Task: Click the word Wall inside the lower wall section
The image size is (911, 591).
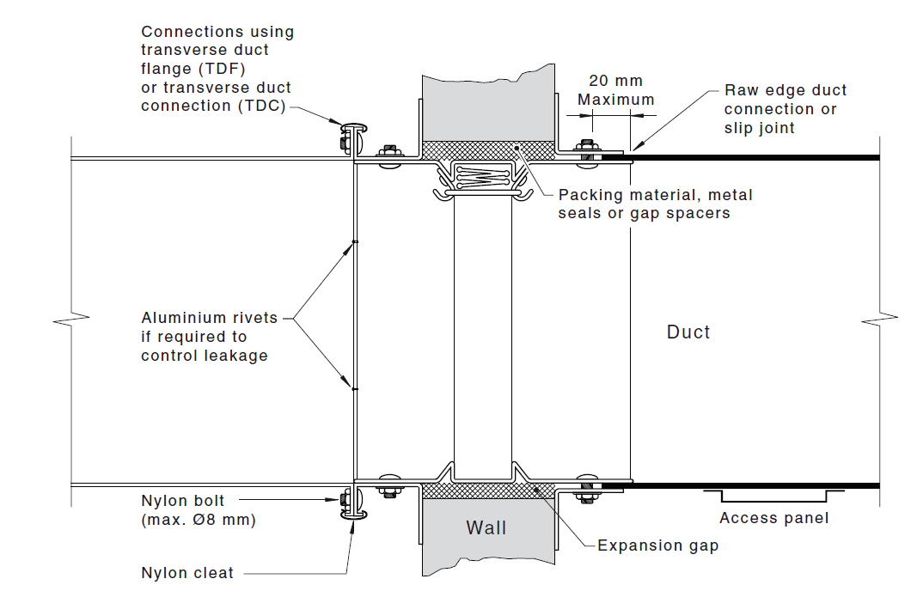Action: click(x=486, y=527)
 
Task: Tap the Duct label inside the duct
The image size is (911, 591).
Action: click(x=688, y=332)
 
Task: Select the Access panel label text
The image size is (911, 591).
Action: click(x=773, y=518)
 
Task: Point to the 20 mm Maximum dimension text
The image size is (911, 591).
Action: click(x=615, y=90)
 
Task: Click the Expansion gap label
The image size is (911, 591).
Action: click(x=657, y=545)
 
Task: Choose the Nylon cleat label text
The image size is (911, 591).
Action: click(x=187, y=573)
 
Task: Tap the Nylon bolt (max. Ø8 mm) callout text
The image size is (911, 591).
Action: click(x=198, y=510)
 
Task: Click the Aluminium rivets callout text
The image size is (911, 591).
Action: click(x=209, y=337)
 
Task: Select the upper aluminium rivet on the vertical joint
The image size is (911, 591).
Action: click(x=354, y=242)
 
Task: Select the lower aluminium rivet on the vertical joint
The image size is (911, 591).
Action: click(x=354, y=388)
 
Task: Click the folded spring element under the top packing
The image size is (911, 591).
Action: click(x=481, y=175)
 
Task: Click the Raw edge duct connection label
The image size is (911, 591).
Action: click(x=785, y=108)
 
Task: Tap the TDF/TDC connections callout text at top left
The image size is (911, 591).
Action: click(x=217, y=69)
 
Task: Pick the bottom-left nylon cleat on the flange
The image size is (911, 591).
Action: click(x=354, y=507)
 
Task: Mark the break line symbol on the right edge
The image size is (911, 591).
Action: click(x=878, y=320)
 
